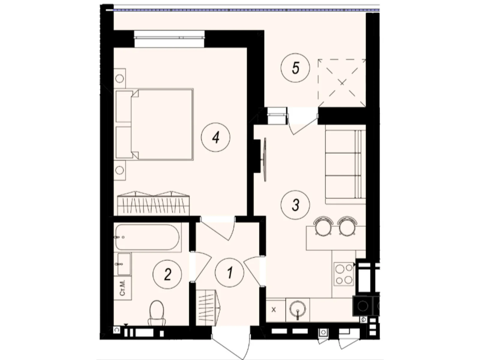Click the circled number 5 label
[x=295, y=68]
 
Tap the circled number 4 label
[x=216, y=138]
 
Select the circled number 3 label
[x=295, y=205]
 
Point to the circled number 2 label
[x=167, y=274]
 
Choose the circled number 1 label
[x=230, y=273]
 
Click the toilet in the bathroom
[x=157, y=313]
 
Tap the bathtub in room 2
[x=148, y=237]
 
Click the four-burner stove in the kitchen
[x=344, y=274]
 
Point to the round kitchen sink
[x=298, y=310]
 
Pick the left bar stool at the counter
[x=323, y=226]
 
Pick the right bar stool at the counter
[x=347, y=226]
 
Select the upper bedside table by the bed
[x=120, y=79]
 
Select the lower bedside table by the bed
[x=120, y=170]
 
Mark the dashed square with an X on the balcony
[x=342, y=83]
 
